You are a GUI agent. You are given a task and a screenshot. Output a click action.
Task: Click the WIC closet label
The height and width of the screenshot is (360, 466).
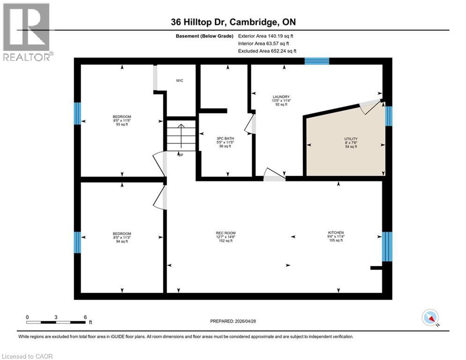(179, 81)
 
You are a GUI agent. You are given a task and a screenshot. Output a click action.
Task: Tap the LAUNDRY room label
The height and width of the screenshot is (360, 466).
(281, 97)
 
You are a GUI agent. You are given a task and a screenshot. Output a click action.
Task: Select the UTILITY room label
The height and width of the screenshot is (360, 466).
(351, 139)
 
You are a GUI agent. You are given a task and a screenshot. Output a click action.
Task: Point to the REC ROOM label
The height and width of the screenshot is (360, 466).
(225, 233)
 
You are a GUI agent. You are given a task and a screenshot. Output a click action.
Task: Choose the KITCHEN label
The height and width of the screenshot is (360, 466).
(336, 232)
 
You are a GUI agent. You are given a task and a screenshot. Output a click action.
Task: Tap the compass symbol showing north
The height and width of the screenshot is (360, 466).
(430, 318)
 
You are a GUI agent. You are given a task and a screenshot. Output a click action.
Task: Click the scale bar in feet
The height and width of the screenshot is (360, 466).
(56, 322)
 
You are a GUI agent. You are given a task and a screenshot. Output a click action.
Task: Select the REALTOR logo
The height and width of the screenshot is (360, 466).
(27, 32)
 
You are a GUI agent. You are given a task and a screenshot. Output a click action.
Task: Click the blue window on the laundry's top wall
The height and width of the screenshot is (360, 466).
(317, 60)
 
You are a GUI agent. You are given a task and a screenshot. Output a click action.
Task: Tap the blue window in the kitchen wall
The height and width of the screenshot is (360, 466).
(387, 246)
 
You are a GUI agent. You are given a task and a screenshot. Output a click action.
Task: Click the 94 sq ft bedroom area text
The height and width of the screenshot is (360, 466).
(122, 241)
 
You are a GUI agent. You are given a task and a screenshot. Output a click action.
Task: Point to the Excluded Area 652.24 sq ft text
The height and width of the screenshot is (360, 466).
(267, 51)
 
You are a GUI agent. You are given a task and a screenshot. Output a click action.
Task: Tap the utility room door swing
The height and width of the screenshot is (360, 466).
(370, 107)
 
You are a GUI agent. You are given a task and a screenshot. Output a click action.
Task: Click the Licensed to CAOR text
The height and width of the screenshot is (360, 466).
(27, 356)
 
